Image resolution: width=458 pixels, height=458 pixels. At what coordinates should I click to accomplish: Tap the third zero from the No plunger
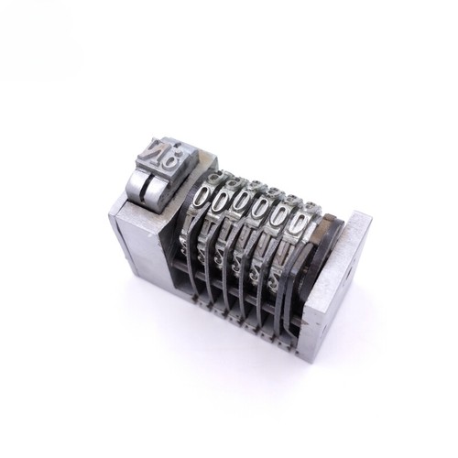(242, 205)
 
